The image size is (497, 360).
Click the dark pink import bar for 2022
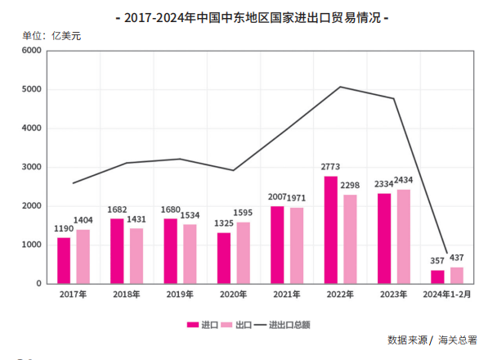[x=330, y=230]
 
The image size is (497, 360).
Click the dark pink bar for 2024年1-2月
[x=437, y=277]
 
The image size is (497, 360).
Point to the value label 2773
[x=330, y=169]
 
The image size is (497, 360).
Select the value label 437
[x=457, y=259]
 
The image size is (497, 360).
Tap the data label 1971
[x=298, y=199]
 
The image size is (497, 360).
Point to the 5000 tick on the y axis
[x=31, y=89]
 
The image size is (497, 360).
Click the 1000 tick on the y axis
[x=31, y=245]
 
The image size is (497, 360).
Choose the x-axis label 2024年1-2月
[x=447, y=294]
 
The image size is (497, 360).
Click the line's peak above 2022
[x=340, y=87]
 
